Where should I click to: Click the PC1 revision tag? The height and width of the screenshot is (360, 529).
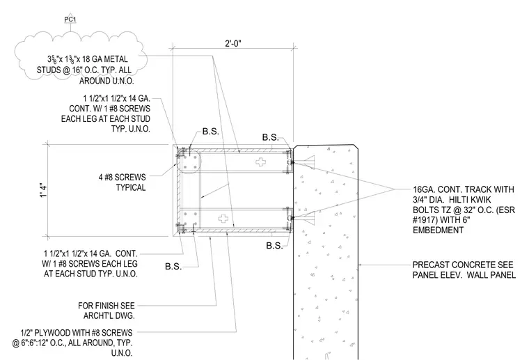click(x=70, y=19)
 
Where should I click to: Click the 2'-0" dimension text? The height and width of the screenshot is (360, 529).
click(x=233, y=44)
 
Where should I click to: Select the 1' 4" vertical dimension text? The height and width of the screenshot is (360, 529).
click(x=43, y=190)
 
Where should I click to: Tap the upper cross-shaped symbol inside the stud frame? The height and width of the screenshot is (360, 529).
click(x=260, y=162)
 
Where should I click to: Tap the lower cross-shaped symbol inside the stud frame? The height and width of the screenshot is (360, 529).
click(x=223, y=218)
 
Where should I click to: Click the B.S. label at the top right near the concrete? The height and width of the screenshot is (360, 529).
click(x=271, y=137)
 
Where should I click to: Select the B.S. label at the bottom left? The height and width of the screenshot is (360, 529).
click(x=173, y=267)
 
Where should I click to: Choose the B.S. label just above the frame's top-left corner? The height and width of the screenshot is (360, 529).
click(x=211, y=132)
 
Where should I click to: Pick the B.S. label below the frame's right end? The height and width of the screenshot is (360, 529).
click(x=275, y=246)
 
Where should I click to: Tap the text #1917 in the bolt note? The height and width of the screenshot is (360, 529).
click(x=425, y=220)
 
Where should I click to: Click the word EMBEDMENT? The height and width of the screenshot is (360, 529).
click(x=439, y=230)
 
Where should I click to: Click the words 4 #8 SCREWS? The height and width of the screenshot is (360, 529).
click(x=122, y=177)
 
